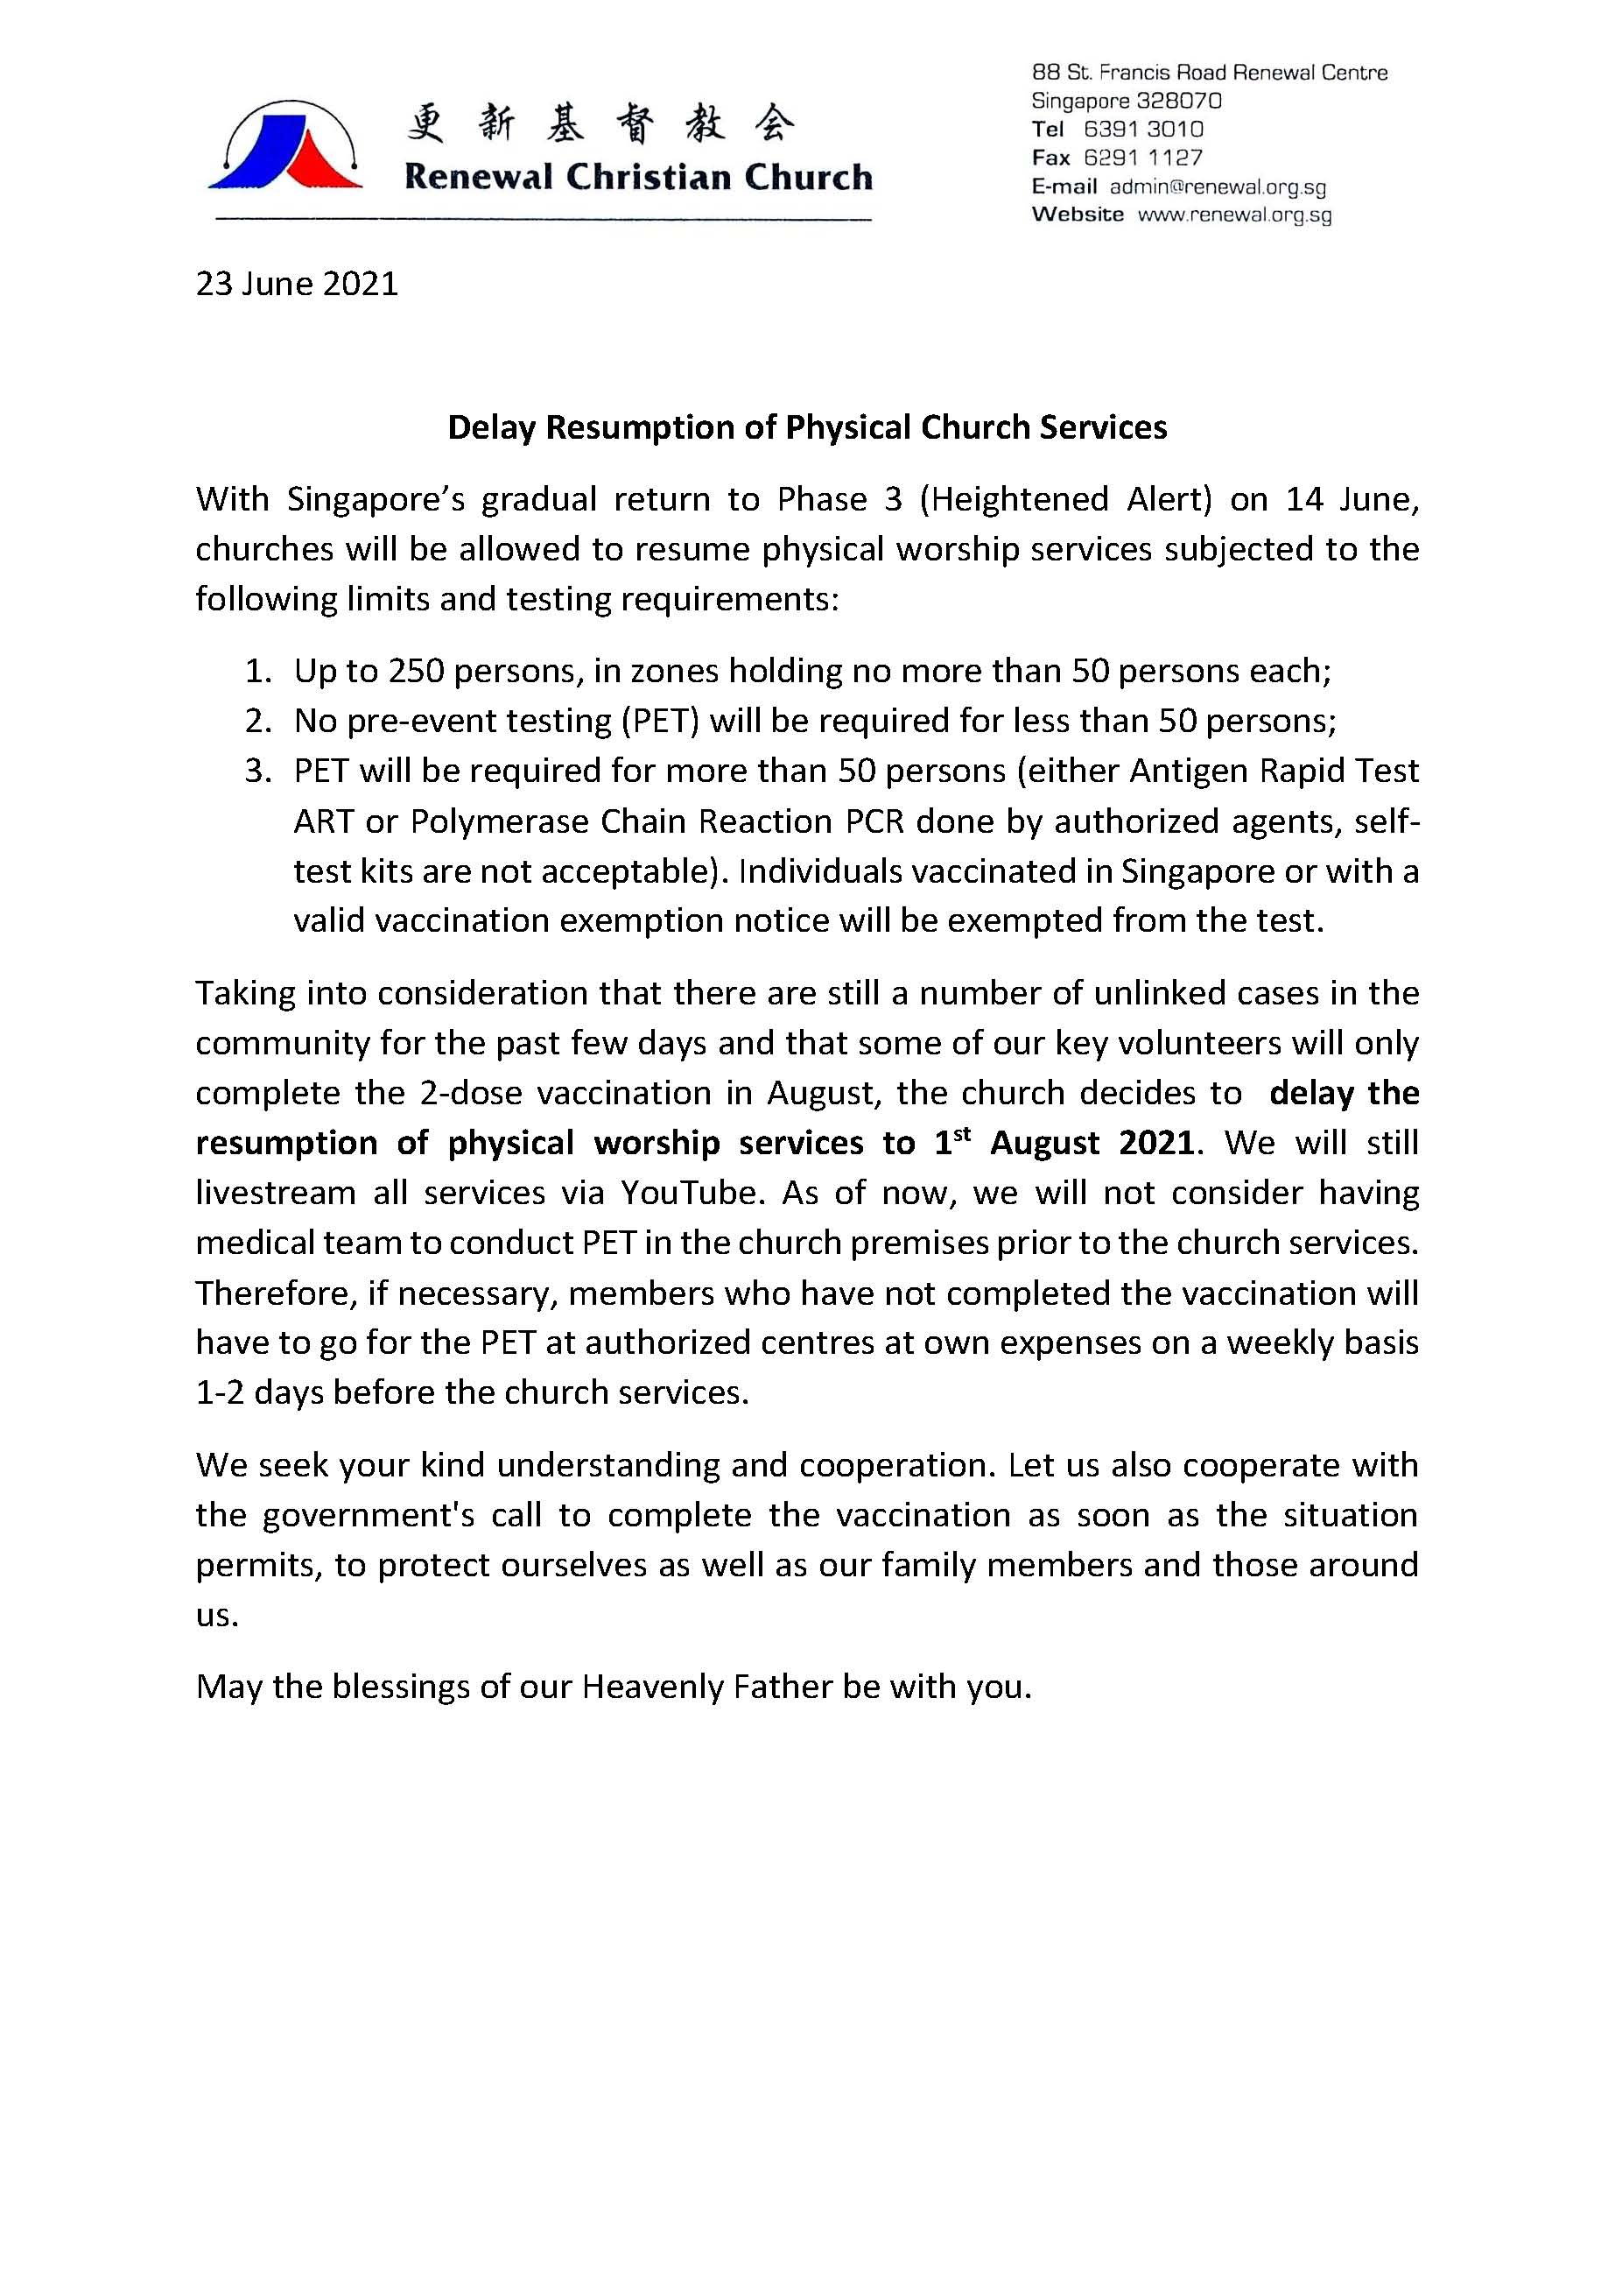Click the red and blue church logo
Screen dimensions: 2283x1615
click(x=285, y=147)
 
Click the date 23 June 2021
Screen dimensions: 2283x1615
click(x=297, y=285)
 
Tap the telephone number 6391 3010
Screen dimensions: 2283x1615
click(x=1142, y=130)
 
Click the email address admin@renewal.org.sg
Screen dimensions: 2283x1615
click(x=1218, y=187)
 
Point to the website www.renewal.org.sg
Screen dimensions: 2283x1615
click(x=1234, y=215)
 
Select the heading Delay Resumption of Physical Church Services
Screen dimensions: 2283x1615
click(x=806, y=427)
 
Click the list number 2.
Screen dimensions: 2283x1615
click(x=257, y=720)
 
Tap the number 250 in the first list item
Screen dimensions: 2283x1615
click(x=416, y=672)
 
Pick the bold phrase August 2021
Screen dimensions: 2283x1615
click(x=1091, y=1143)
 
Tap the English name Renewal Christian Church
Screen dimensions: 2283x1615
click(x=637, y=177)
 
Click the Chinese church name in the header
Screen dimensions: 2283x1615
click(x=600, y=123)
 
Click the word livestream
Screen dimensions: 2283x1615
click(x=276, y=1193)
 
